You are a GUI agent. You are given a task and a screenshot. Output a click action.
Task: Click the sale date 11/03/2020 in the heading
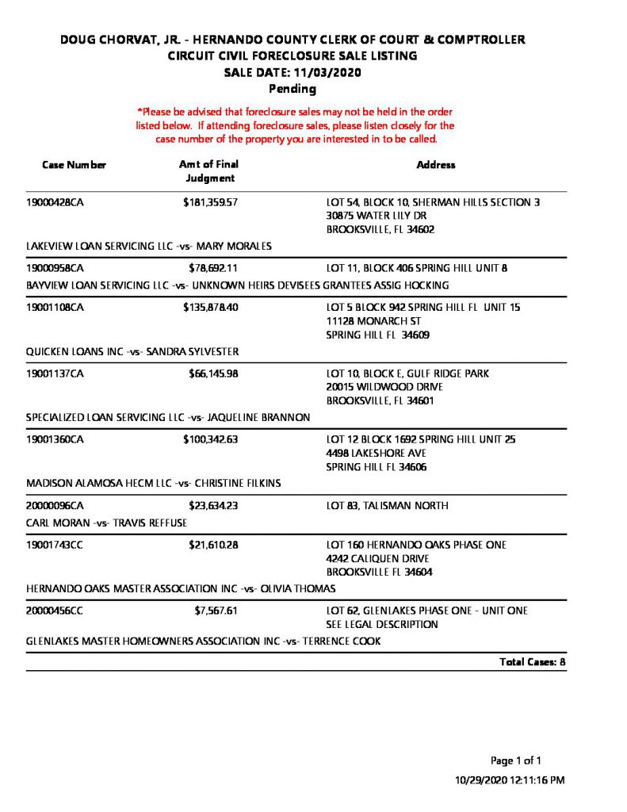click(327, 72)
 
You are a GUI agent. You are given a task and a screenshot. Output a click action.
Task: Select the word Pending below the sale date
click(292, 89)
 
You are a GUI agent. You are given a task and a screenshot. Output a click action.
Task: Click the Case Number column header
click(74, 165)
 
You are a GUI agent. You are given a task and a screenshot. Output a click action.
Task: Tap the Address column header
click(436, 165)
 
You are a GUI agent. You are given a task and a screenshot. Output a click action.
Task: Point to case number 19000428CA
click(55, 202)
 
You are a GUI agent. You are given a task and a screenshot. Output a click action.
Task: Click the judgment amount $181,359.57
click(211, 202)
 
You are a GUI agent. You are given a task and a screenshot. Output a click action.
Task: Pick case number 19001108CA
click(55, 307)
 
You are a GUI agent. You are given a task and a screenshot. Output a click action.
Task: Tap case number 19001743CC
click(55, 545)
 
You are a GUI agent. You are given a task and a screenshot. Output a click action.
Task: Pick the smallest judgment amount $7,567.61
click(216, 611)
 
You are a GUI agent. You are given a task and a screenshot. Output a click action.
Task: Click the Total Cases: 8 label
click(532, 662)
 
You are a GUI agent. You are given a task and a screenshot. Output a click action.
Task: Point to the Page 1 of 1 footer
click(516, 760)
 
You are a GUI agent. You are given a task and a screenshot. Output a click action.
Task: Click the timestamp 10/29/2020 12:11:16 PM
click(510, 780)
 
